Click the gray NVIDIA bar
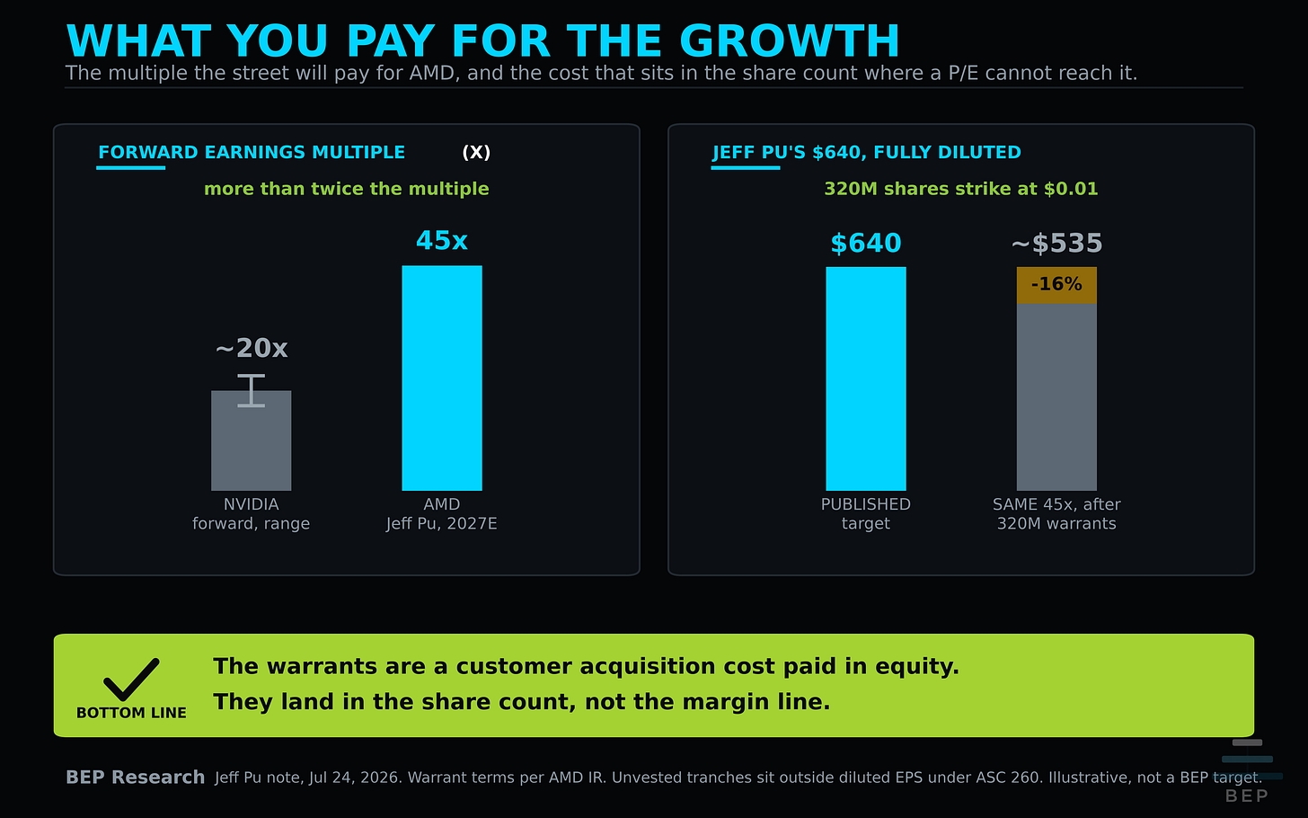coord(252,440)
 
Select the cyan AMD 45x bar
coord(442,378)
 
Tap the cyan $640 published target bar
coord(866,378)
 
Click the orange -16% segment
coord(1056,285)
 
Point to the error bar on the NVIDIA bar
coord(252,390)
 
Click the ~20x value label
coord(252,348)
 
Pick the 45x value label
coord(442,241)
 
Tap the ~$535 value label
coord(1056,243)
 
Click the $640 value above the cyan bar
coord(866,243)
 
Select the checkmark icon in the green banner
coord(131,680)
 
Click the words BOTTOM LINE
coord(131,713)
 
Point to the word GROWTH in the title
coord(790,41)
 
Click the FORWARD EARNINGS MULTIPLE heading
coord(252,153)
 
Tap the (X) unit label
coord(476,153)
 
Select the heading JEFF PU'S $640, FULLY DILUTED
coord(867,153)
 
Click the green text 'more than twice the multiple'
coord(346,189)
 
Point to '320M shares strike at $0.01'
coord(961,189)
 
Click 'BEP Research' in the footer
coord(136,777)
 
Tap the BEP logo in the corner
coord(1247,771)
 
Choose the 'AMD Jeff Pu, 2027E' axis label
coord(442,513)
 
